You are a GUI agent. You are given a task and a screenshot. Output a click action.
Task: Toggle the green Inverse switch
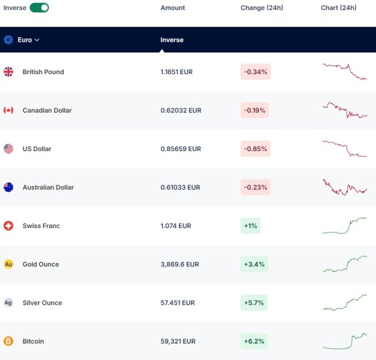(x=39, y=8)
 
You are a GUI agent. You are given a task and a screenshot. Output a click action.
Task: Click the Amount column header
(x=173, y=8)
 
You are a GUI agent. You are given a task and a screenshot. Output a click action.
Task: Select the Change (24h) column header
(x=262, y=8)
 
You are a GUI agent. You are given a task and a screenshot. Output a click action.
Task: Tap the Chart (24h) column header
(x=338, y=8)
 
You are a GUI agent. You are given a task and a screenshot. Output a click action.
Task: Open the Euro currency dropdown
(x=28, y=40)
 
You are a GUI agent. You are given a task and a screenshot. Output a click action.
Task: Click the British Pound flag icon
(x=8, y=72)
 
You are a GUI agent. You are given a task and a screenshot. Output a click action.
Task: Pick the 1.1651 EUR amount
(x=176, y=72)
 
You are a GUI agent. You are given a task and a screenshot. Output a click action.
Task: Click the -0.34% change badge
(x=256, y=72)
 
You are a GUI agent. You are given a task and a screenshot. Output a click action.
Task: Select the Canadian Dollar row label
(x=47, y=111)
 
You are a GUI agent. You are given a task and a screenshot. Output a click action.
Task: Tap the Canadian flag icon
(x=8, y=110)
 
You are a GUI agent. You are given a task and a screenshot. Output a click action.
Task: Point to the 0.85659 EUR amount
(x=181, y=149)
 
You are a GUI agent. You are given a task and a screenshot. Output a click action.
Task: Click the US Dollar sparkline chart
(x=345, y=149)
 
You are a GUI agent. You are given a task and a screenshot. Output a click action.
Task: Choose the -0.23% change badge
(x=256, y=187)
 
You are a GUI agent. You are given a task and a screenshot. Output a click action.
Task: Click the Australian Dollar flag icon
(x=8, y=187)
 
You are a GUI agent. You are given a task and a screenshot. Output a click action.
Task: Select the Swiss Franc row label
(x=41, y=226)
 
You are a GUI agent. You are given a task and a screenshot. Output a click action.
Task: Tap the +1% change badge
(x=250, y=226)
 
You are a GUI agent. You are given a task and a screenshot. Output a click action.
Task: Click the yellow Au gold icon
(x=8, y=264)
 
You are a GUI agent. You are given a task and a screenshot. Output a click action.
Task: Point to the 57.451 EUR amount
(x=177, y=303)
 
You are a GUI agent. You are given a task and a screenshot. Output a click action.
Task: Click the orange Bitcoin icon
(x=8, y=341)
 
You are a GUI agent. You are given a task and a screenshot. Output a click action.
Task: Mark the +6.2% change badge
(x=254, y=341)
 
